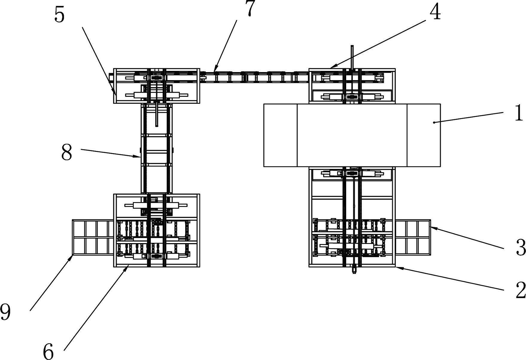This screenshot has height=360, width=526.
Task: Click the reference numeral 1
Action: (519, 113)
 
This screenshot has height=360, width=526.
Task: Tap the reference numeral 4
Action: (435, 13)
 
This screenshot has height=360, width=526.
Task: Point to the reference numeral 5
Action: (59, 15)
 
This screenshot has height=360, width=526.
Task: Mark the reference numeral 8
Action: (66, 152)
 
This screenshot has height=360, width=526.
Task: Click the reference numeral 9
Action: (5, 312)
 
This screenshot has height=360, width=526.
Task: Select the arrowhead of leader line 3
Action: (431, 228)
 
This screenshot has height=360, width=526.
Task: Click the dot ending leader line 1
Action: (434, 122)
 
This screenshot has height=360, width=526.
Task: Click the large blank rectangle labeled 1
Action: (352, 135)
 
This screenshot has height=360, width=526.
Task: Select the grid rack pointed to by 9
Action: (93, 237)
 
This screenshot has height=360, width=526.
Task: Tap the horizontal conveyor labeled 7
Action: (254, 77)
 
